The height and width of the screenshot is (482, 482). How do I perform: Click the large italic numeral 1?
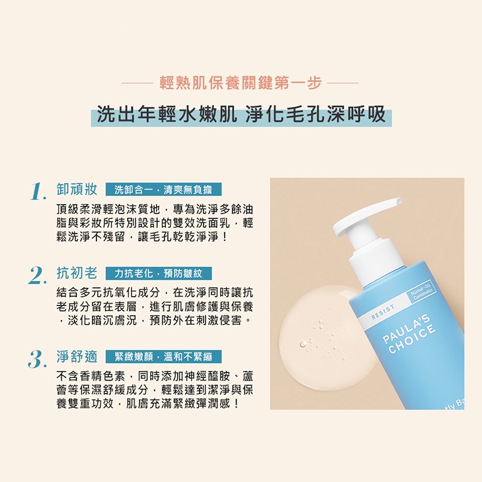point(38,191)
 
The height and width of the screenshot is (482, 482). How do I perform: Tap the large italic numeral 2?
point(38,275)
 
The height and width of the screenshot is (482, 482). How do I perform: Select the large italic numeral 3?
point(38,359)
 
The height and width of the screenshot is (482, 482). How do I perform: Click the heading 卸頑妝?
point(77,189)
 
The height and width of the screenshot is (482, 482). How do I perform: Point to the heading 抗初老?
point(77,273)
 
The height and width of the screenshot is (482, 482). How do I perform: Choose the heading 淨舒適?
point(77,357)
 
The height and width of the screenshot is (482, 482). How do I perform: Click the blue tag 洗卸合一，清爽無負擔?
point(163,190)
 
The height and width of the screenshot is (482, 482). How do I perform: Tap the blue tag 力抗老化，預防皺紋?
point(158,274)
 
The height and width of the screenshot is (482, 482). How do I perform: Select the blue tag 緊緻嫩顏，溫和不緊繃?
point(163,357)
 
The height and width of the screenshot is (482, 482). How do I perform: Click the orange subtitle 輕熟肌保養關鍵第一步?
point(240,83)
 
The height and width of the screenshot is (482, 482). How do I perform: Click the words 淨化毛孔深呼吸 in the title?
point(315,115)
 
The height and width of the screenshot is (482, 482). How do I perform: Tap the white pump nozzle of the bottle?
point(367,216)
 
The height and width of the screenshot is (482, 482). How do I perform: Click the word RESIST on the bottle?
point(382,312)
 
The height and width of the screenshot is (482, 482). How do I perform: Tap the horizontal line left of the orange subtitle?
point(137,83)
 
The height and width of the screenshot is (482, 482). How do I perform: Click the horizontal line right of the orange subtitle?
point(343,83)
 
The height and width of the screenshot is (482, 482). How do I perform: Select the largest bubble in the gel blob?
point(304,344)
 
